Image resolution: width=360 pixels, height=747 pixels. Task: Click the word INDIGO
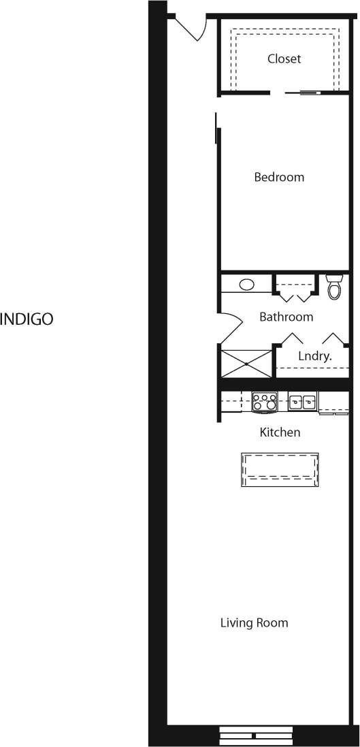pos(27,319)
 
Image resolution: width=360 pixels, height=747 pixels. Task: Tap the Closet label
pos(284,59)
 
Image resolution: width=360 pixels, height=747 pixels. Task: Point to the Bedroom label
pos(279,177)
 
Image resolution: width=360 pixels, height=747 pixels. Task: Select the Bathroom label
pos(286,317)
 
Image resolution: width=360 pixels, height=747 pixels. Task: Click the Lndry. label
pos(314,355)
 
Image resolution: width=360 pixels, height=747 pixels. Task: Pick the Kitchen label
pos(280,432)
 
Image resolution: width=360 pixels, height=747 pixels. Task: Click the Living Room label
pos(254,622)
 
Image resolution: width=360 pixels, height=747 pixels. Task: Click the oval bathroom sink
pos(246,285)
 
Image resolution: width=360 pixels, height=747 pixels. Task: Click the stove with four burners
pos(264,402)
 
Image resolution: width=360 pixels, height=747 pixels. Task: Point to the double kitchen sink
pos(302,402)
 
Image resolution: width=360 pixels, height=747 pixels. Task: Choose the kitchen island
pos(280,470)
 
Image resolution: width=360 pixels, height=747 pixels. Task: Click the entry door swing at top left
pos(191,27)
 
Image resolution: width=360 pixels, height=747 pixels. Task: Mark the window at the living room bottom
pos(255,735)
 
